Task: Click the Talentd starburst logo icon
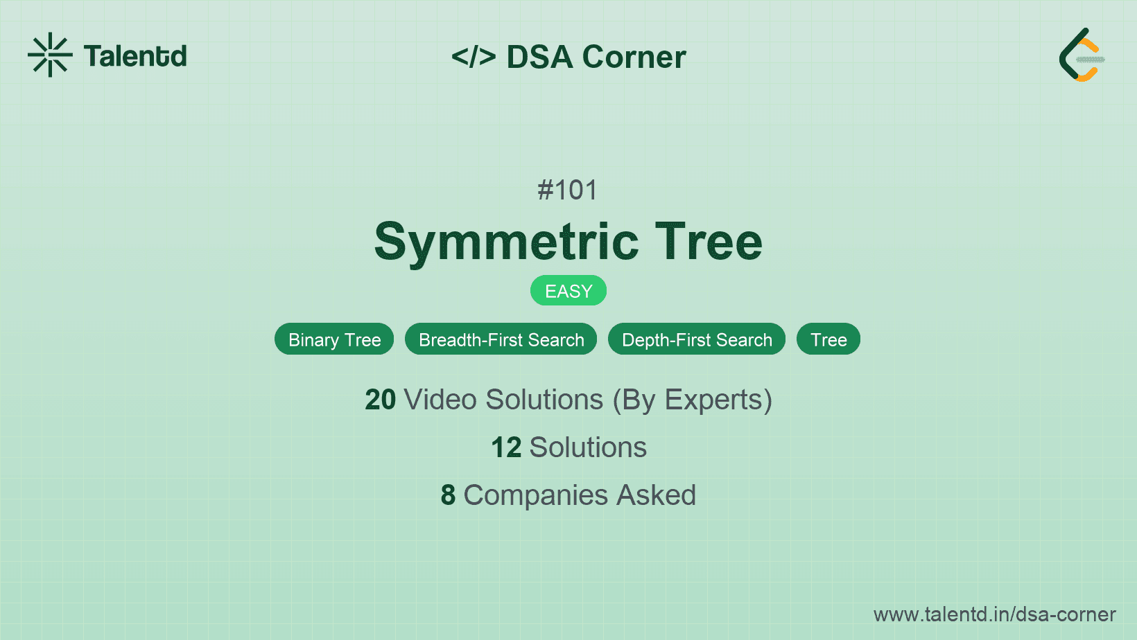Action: (x=50, y=55)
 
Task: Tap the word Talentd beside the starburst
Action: (x=135, y=56)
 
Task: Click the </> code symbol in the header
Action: (x=474, y=57)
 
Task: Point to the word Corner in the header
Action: (x=634, y=57)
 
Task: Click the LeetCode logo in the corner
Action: (x=1082, y=55)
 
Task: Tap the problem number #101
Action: (x=568, y=190)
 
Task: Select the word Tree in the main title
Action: (x=709, y=242)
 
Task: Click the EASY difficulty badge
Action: (x=568, y=291)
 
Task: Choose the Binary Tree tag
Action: (x=334, y=339)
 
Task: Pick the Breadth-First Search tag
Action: (x=501, y=339)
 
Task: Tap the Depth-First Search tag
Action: (x=697, y=339)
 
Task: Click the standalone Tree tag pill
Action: (x=828, y=339)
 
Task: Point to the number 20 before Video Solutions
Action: (x=380, y=400)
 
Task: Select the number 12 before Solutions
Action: (x=506, y=447)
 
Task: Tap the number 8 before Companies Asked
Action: (x=448, y=495)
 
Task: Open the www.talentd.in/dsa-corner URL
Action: (x=994, y=614)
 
